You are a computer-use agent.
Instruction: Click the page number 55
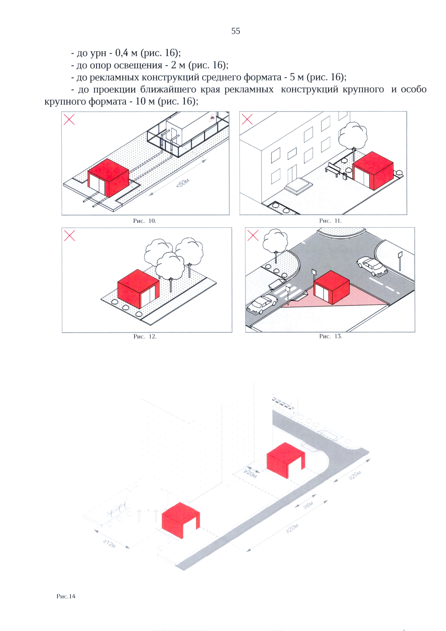coord(236,31)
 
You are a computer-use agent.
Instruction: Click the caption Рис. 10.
coord(145,221)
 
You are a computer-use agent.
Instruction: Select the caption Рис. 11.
coord(330,221)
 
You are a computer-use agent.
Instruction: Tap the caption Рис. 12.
coord(145,337)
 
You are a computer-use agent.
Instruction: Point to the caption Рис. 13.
coord(330,337)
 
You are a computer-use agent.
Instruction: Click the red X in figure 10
coord(69,119)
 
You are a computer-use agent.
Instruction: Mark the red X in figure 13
coord(253,235)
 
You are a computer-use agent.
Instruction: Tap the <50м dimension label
coord(183,183)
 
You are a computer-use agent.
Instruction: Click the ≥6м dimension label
coord(308,505)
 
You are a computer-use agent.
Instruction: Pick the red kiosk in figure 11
coord(373,171)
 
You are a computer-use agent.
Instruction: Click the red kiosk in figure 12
coord(138,289)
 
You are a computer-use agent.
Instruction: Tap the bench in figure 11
coord(333,169)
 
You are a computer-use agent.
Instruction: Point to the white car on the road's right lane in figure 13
coord(372,265)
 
